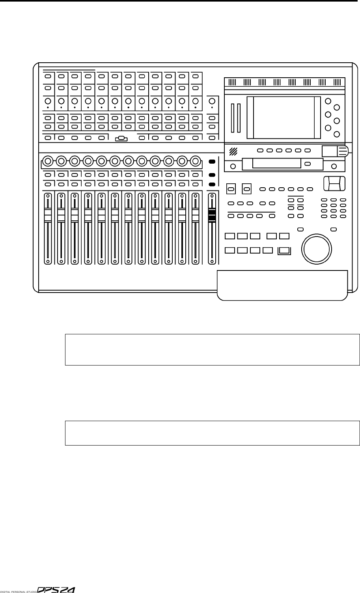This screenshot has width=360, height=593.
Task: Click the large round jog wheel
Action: (316, 247)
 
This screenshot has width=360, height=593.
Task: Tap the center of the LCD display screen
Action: (284, 117)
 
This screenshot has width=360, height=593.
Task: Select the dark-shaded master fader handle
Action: (212, 215)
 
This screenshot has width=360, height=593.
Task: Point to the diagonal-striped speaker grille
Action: (234, 151)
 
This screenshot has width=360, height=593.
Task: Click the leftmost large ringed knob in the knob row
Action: (48, 161)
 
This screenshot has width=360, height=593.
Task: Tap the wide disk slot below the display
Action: (272, 164)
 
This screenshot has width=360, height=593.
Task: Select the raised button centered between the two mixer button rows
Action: (121, 138)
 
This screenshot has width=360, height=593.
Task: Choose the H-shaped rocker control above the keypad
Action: (334, 184)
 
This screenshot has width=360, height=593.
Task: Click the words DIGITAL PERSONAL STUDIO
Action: (18, 590)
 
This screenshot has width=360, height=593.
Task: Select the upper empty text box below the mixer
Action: (212, 350)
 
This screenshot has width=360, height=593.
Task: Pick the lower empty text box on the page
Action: (212, 433)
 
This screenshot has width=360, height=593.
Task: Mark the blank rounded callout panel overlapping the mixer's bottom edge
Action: (282, 285)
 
